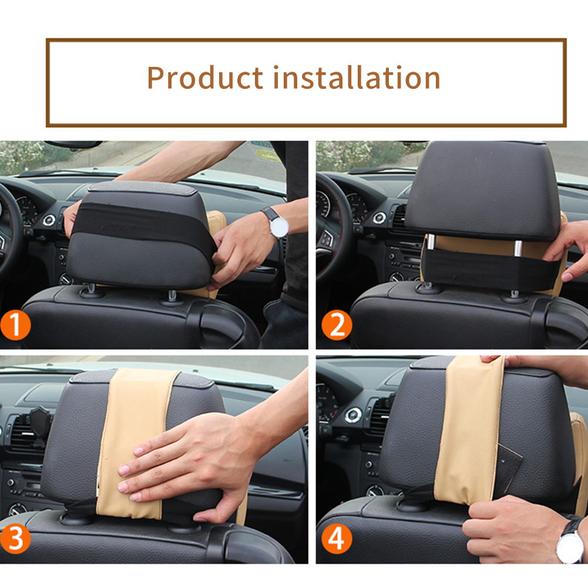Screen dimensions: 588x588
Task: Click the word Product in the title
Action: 205,78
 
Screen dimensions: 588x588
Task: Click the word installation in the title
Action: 357,78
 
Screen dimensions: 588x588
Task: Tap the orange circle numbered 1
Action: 15,325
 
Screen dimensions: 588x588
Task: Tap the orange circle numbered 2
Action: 337,325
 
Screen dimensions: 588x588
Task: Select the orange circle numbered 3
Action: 15,539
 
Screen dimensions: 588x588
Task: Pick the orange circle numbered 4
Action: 337,539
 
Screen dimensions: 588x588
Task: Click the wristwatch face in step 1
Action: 279,227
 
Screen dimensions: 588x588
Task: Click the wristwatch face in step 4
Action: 570,547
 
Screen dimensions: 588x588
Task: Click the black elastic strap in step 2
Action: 488,268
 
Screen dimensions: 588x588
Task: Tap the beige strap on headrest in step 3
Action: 137,442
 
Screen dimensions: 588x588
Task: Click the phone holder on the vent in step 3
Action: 39,426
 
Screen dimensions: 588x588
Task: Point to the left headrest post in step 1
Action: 90,288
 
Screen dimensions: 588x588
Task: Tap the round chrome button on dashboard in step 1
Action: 49,220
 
